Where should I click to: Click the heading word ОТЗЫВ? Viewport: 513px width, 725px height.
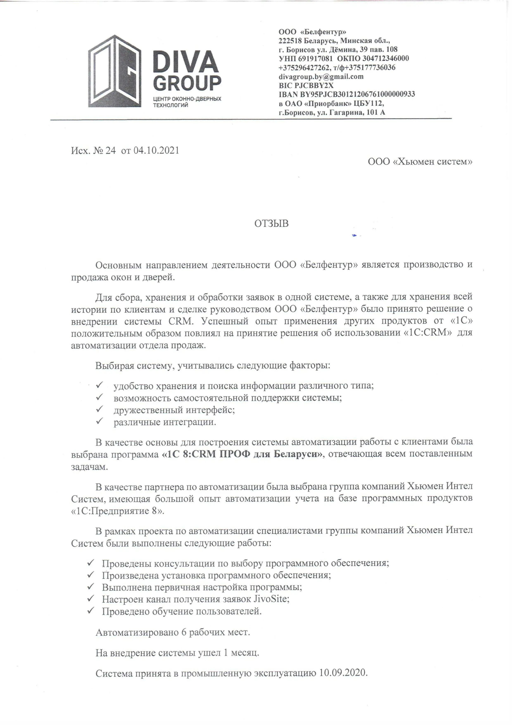[x=271, y=224]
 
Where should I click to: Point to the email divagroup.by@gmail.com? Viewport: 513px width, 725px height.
[x=321, y=76]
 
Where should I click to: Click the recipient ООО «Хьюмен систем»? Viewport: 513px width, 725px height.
[x=420, y=162]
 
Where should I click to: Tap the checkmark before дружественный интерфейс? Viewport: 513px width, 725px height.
[x=100, y=409]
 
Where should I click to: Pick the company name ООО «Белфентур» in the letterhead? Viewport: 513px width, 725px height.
[x=312, y=32]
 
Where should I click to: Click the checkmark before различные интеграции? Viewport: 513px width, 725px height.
[x=100, y=421]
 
